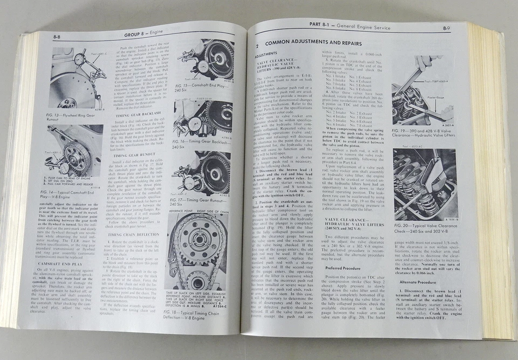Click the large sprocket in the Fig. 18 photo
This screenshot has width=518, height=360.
click(x=196, y=245)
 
